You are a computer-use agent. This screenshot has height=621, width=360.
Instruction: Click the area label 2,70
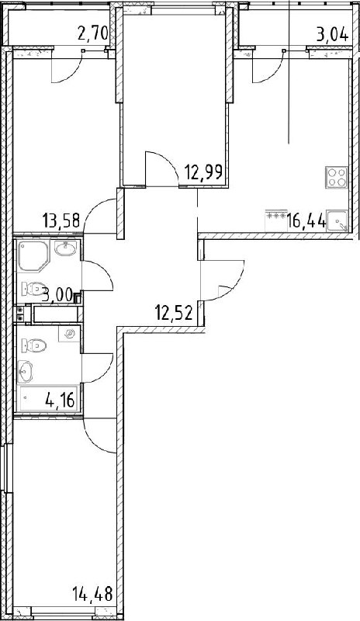[x=93, y=33]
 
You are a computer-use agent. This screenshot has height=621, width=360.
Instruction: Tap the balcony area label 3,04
[x=332, y=34]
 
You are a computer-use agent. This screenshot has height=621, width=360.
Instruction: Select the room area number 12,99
[x=203, y=172]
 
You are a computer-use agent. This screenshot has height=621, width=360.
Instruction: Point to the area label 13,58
[x=61, y=220]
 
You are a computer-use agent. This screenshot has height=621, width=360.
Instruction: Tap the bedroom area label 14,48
[x=92, y=594]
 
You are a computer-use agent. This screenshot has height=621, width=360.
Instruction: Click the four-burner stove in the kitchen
[x=337, y=177]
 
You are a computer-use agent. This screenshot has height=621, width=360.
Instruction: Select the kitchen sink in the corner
[x=337, y=220]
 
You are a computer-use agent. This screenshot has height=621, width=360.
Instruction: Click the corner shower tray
[x=33, y=256]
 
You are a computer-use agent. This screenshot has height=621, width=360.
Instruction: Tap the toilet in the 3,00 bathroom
[x=33, y=288]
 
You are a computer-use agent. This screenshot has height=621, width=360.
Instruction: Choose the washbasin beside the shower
[x=65, y=248]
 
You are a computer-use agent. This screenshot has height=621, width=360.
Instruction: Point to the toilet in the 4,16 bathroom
[x=34, y=345]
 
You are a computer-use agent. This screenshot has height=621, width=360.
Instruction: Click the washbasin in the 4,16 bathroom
[x=26, y=372]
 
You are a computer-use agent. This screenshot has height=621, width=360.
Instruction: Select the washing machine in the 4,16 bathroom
[x=69, y=334]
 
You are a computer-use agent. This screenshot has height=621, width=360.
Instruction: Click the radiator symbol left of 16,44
[x=276, y=217]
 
